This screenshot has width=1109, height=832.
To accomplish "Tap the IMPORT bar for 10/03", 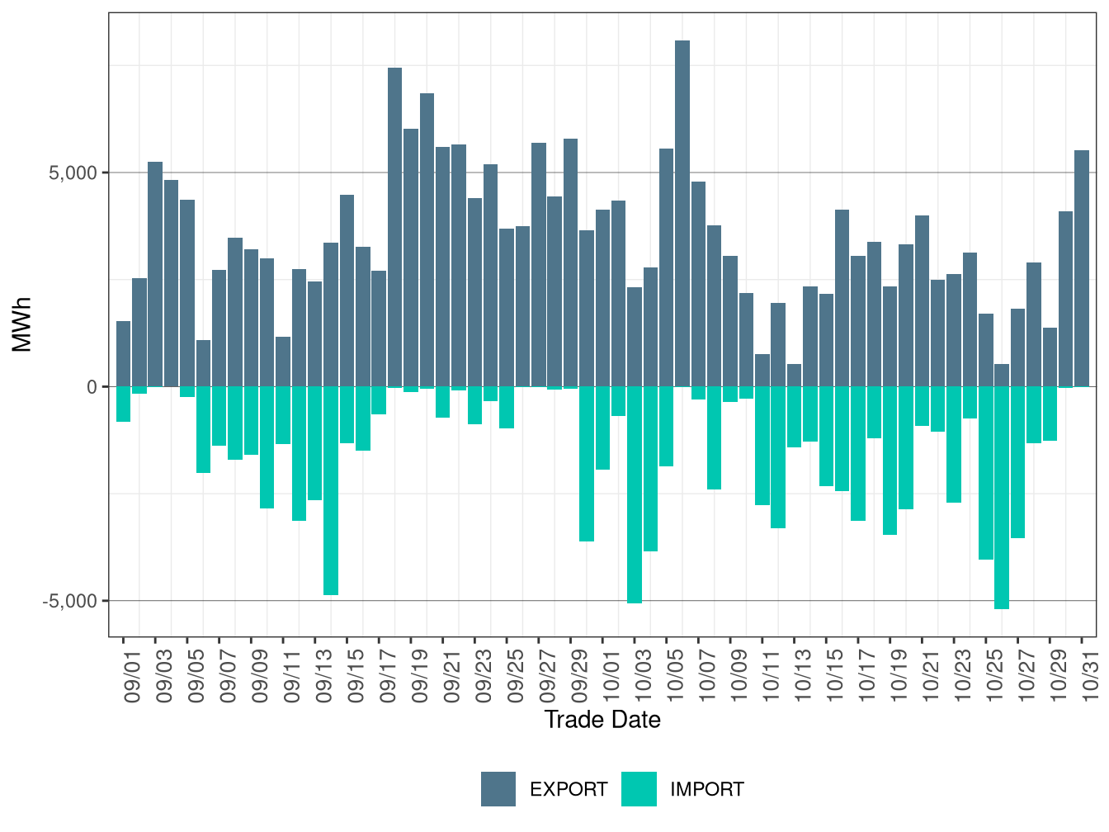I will [x=635, y=494].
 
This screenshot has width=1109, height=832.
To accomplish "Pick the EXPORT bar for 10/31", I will [x=1082, y=268].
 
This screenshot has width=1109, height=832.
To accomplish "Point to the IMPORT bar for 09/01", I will [x=123, y=404].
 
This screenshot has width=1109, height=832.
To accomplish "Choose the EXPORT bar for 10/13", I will [x=795, y=376].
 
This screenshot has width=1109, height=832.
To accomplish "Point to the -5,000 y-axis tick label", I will [x=69, y=601].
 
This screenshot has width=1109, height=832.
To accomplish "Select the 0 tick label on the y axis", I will [x=92, y=387].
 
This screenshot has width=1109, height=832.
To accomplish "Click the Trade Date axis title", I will [x=602, y=720].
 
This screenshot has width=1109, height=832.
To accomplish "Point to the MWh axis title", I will [x=22, y=324].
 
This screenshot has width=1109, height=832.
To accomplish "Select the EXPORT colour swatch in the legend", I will [x=498, y=789].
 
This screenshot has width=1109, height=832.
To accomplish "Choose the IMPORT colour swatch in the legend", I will [x=639, y=789].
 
